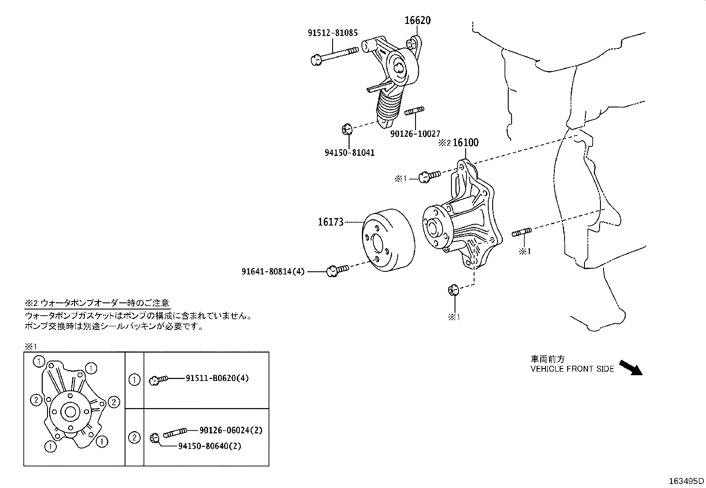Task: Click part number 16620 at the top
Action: (417, 20)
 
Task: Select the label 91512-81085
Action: (333, 33)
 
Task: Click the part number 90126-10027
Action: (415, 133)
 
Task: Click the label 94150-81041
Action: (349, 153)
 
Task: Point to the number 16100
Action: (466, 143)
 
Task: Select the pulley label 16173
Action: (330, 222)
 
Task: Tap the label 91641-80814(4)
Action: (273, 271)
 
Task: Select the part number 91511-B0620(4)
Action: (217, 378)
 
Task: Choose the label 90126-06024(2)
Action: (231, 430)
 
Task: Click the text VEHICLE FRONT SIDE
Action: (572, 369)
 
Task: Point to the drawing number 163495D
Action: (686, 480)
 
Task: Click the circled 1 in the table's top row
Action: (134, 380)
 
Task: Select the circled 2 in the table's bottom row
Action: (134, 438)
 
